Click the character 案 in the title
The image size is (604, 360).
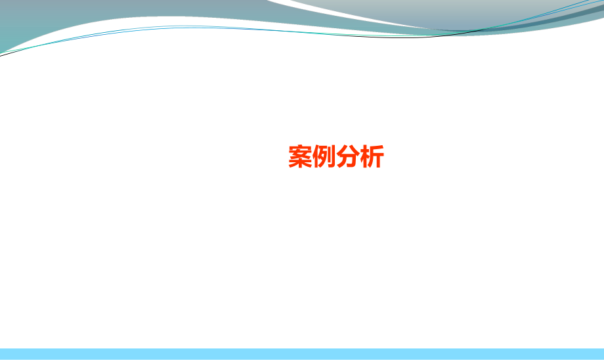[x=300, y=157]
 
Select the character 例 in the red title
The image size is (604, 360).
[x=324, y=157]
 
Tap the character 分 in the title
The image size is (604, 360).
[x=347, y=157]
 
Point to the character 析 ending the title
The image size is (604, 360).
[x=372, y=157]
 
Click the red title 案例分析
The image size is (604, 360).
[x=335, y=157]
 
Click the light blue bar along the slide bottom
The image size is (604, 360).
[x=302, y=353]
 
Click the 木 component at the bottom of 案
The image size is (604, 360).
[x=300, y=164]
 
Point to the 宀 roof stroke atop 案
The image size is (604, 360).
[x=300, y=148]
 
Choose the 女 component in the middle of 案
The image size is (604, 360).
[x=300, y=155]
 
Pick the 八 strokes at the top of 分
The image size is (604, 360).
[x=347, y=150]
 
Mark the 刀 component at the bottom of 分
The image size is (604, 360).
[x=347, y=162]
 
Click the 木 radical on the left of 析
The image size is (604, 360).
[x=364, y=158]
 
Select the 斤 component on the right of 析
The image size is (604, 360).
[x=376, y=158]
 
